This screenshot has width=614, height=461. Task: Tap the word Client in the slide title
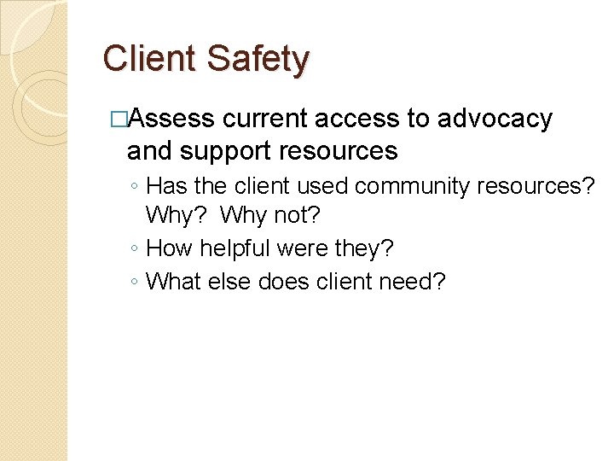coord(149,59)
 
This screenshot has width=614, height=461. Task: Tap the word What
coord(173,281)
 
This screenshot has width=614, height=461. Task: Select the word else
coord(227,281)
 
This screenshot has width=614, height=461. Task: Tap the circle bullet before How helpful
coord(136,249)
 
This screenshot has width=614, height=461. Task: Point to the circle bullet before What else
coord(136,282)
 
